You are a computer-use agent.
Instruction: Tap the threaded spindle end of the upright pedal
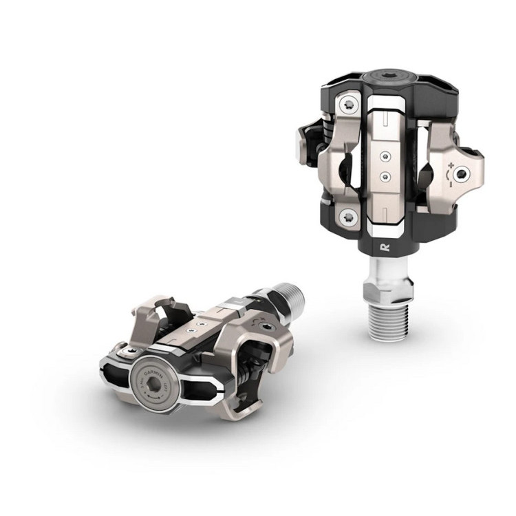click(x=388, y=321)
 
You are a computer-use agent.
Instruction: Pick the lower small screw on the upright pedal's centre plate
click(x=386, y=175)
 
